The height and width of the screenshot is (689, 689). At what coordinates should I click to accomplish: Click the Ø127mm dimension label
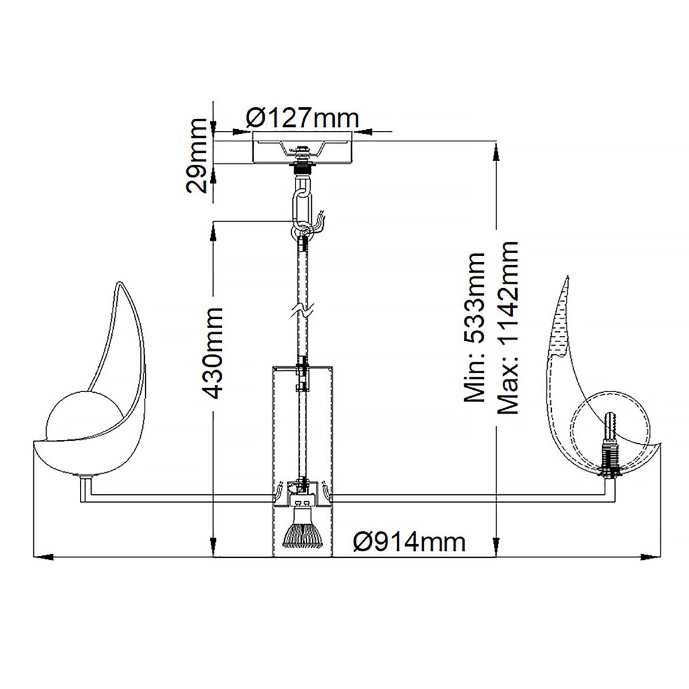(x=302, y=118)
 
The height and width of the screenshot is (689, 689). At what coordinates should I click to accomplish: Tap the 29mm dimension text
(x=197, y=156)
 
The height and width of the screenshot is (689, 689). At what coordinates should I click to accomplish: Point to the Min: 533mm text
(x=474, y=328)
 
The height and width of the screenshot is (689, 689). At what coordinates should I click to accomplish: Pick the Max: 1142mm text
(x=508, y=328)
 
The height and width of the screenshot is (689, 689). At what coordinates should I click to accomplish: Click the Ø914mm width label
(x=409, y=543)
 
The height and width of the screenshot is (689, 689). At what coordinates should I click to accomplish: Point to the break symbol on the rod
(x=303, y=311)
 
